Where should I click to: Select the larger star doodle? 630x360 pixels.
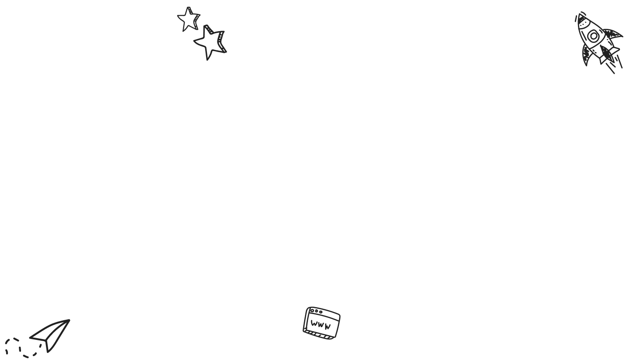(210, 42)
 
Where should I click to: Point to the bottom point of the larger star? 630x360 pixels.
(208, 59)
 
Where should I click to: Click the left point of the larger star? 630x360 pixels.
(194, 42)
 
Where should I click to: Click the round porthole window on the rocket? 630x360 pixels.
(593, 36)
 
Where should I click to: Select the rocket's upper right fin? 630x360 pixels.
(612, 34)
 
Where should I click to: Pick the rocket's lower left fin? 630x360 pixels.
(586, 57)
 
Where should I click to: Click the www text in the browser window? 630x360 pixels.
(321, 325)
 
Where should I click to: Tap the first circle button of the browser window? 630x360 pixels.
(311, 311)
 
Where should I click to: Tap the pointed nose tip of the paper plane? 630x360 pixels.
(69, 320)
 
